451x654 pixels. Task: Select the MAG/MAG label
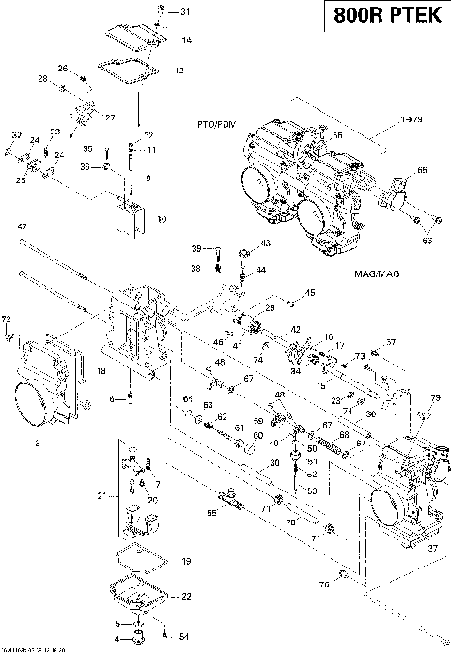pyautogui.click(x=363, y=273)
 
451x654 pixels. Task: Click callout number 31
pyautogui.click(x=184, y=12)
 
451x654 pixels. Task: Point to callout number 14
pyautogui.click(x=186, y=40)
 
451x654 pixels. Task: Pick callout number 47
pyautogui.click(x=23, y=227)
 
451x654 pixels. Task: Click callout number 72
pyautogui.click(x=8, y=320)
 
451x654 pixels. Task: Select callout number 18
pyautogui.click(x=101, y=373)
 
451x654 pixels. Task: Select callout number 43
pyautogui.click(x=265, y=243)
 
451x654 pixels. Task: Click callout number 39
pyautogui.click(x=196, y=248)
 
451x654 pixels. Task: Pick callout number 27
pyautogui.click(x=109, y=117)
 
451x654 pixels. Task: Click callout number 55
pyautogui.click(x=212, y=514)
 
